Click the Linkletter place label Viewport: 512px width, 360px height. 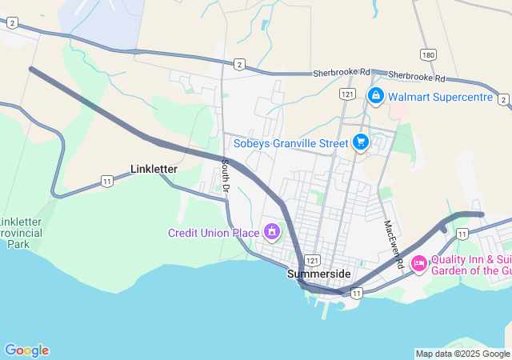pos(154,169)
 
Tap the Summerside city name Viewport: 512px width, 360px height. pos(318,274)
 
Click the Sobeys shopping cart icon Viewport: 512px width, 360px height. pos(361,143)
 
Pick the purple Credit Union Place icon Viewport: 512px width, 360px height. pos(272,233)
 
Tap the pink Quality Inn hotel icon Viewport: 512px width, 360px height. pos(418,262)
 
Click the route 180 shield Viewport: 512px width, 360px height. pos(428,54)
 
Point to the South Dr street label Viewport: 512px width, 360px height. pos(226,175)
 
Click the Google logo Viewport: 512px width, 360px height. pos(26,350)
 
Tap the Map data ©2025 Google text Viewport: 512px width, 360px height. pos(462,354)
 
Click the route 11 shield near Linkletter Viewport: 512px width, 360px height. pos(106,182)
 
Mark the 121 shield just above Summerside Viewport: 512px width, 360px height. pos(312,261)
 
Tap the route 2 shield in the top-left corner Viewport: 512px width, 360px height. pos(12,24)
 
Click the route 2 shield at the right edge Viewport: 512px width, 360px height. pos(502,99)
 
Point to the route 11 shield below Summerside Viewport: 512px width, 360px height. pos(355,294)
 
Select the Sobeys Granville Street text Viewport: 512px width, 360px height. pos(291,144)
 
